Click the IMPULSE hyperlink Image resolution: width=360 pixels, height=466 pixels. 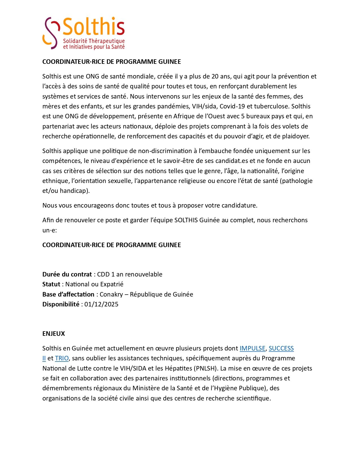[x=252, y=348]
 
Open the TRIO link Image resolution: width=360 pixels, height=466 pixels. [x=62, y=358]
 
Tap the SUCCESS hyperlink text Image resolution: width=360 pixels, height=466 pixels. [x=281, y=348]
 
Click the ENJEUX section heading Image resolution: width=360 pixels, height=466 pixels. [x=54, y=334]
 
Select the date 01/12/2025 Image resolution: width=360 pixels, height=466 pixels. [x=101, y=304]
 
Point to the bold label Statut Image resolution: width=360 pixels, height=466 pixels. [x=51, y=284]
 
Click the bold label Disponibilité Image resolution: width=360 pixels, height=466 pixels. [x=61, y=304]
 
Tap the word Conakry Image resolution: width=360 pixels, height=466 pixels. [x=111, y=294]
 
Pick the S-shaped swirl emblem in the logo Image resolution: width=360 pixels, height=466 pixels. [x=51, y=33]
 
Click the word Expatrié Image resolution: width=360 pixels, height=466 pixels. [x=112, y=284]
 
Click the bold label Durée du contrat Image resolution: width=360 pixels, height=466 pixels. [x=67, y=274]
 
